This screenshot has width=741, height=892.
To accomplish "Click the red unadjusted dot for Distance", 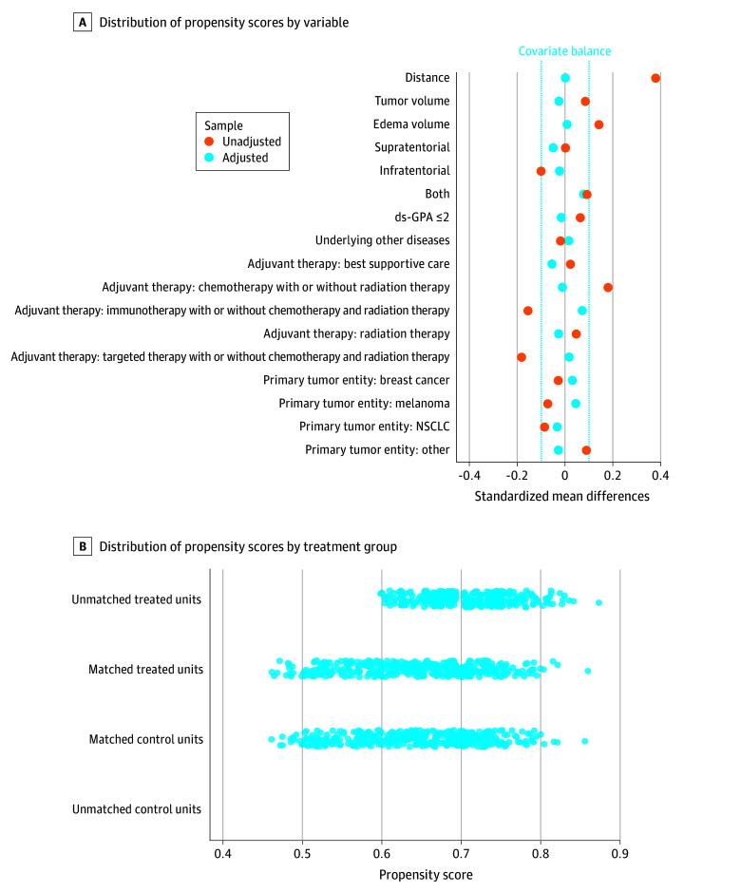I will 655,78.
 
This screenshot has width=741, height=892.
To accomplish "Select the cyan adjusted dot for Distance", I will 565,78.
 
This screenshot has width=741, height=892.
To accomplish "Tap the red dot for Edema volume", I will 598,124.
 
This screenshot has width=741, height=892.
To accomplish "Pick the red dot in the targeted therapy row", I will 521,357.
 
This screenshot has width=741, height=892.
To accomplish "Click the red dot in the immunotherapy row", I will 528,311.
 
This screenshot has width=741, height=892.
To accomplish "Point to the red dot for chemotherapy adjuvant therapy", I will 608,287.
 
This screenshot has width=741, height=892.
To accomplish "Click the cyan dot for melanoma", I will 576,404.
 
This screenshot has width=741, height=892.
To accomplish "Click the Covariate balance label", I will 564,52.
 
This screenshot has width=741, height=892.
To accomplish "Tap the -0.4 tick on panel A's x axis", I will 468,475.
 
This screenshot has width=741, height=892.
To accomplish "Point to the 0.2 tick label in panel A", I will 613,475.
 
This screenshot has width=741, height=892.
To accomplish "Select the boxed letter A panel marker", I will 83,22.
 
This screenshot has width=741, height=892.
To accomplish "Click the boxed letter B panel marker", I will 83,546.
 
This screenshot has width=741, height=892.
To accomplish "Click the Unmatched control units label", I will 137,809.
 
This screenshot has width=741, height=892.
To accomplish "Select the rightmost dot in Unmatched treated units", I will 598,602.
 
